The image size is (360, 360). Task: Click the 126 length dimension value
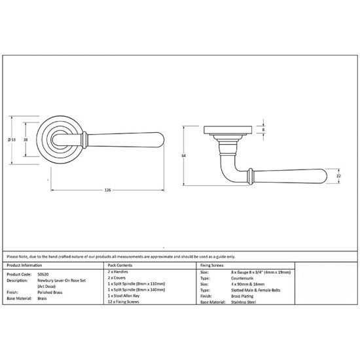pyautogui.click(x=107, y=190)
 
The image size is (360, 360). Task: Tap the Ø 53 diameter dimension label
pyautogui.click(x=12, y=139)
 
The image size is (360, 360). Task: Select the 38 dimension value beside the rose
pyautogui.click(x=26, y=139)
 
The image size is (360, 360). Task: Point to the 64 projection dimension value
pyautogui.click(x=183, y=156)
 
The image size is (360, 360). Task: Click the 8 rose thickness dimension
pyautogui.click(x=263, y=130)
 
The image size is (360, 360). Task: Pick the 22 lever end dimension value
pyautogui.click(x=338, y=176)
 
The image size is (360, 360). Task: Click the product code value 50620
pyautogui.click(x=43, y=274)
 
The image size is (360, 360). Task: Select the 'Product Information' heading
pyautogui.click(x=24, y=265)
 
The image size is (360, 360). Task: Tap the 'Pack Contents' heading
pyautogui.click(x=120, y=265)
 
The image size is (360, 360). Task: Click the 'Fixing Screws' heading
pyautogui.click(x=212, y=265)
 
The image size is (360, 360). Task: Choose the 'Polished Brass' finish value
pyautogui.click(x=50, y=293)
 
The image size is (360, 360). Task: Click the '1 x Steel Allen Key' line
pyautogui.click(x=124, y=296)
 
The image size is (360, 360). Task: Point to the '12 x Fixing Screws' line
pyautogui.click(x=123, y=302)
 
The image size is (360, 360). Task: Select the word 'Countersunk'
pyautogui.click(x=242, y=278)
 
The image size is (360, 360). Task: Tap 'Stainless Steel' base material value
pyautogui.click(x=243, y=302)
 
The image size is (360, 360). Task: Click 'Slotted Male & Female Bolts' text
pyautogui.click(x=256, y=290)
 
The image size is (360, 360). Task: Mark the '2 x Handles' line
pyautogui.click(x=118, y=272)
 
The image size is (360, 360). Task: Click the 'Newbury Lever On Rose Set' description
pyautogui.click(x=62, y=280)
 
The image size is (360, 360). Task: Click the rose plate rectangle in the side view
pyautogui.click(x=228, y=130)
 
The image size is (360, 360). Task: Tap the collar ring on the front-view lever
pyautogui.click(x=84, y=140)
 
